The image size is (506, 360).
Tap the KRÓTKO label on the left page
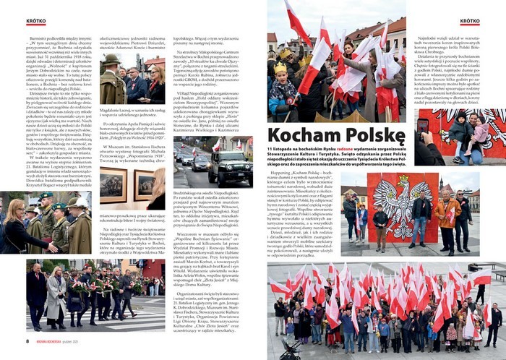click(35, 22)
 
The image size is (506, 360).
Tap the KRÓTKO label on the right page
click(470, 22)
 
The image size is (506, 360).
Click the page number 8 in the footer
click(28, 340)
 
